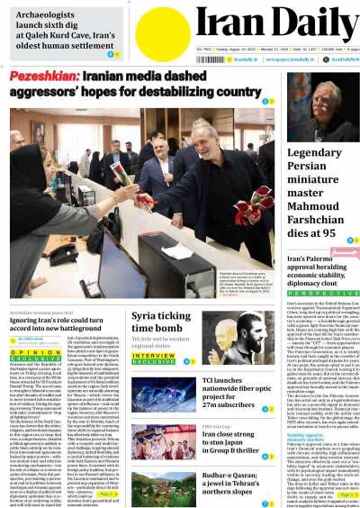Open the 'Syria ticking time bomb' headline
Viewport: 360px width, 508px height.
pos(161,322)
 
